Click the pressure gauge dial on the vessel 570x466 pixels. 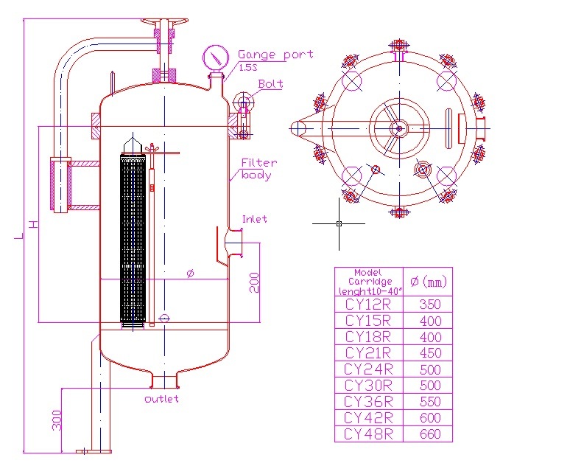tap(216, 57)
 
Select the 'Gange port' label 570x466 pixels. tap(275, 55)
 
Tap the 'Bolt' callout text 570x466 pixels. tap(270, 84)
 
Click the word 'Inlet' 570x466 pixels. tap(255, 219)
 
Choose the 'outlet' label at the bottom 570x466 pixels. tap(161, 399)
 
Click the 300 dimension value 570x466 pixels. tap(57, 420)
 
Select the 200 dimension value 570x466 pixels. tap(254, 282)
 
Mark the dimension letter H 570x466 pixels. tap(32, 223)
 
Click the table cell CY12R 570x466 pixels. tap(369, 304)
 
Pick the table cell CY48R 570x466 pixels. tap(369, 434)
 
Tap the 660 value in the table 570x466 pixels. tap(429, 434)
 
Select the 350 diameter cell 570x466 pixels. tap(429, 304)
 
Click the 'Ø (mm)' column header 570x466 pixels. tap(428, 281)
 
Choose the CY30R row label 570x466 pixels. tap(369, 386)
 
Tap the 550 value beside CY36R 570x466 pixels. tap(429, 402)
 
